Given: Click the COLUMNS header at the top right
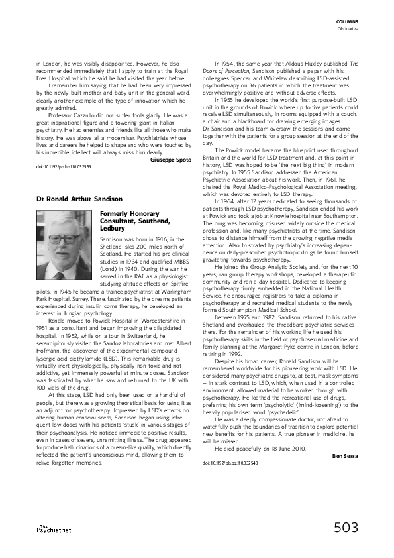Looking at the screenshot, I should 348,22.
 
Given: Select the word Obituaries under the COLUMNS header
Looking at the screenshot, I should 348,28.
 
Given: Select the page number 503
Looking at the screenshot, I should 346,528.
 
